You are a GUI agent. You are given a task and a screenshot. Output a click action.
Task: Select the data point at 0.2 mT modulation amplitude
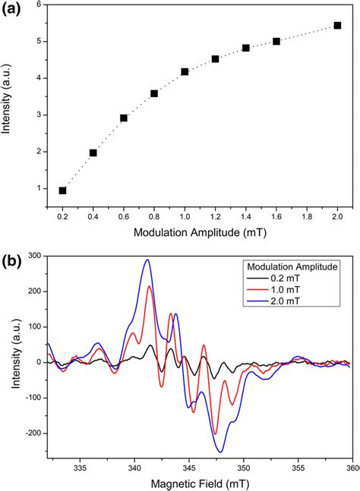pos(62,190)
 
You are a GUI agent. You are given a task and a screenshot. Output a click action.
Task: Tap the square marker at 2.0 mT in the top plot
pos(337,25)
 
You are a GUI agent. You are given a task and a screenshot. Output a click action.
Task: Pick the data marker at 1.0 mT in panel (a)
pos(185,71)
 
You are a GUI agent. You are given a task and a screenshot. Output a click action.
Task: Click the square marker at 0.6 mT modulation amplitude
pos(124,118)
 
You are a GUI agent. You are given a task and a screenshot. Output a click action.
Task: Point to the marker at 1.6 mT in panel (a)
pos(276,41)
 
